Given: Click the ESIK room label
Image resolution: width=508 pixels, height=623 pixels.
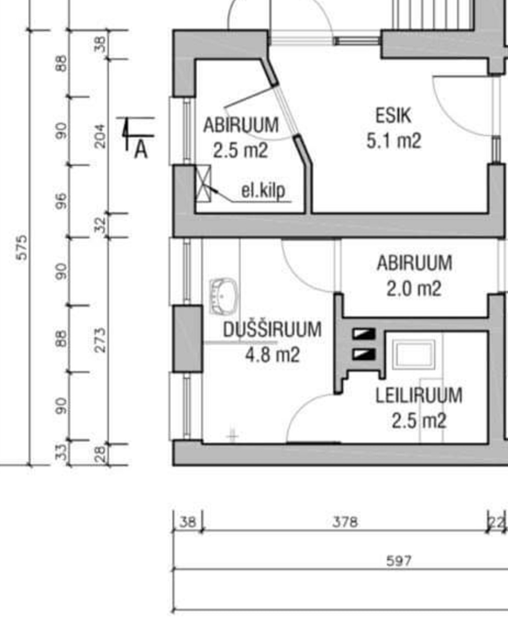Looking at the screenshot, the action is coord(393,116).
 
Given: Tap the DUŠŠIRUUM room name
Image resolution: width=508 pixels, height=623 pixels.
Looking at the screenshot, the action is coord(272,329).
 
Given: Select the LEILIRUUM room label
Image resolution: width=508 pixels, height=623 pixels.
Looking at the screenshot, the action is coord(419,395).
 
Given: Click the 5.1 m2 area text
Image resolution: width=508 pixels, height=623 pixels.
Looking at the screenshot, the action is coord(393,140).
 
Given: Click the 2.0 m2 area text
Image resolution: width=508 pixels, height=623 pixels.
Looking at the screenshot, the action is coord(414,289).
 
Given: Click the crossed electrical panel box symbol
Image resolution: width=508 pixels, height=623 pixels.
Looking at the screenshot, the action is coord(203,183).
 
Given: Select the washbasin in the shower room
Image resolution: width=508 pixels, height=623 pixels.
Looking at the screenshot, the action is coord(223,296).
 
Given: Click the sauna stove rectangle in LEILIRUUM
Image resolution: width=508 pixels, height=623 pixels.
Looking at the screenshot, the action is coord(413,354).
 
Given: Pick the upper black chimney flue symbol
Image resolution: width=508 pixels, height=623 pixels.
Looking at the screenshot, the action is coord(364,334).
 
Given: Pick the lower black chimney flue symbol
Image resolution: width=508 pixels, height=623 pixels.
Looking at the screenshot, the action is coord(364,354).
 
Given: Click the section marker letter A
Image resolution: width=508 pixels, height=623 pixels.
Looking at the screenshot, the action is coord(141,150).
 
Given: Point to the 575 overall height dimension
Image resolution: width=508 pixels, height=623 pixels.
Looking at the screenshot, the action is coord(22,247).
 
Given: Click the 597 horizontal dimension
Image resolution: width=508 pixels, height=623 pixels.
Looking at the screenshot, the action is coord(399,560).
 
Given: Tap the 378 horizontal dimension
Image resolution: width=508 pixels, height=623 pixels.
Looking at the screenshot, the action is coord(345,522).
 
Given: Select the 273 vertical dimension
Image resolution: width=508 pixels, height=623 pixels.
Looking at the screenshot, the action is coord(100,339).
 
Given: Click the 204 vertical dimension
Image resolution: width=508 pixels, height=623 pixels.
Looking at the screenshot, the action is coord(99,136).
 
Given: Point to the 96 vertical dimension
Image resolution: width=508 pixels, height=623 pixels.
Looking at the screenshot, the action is coord(61,201).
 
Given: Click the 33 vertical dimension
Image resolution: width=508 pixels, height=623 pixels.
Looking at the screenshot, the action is coord(61,452).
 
